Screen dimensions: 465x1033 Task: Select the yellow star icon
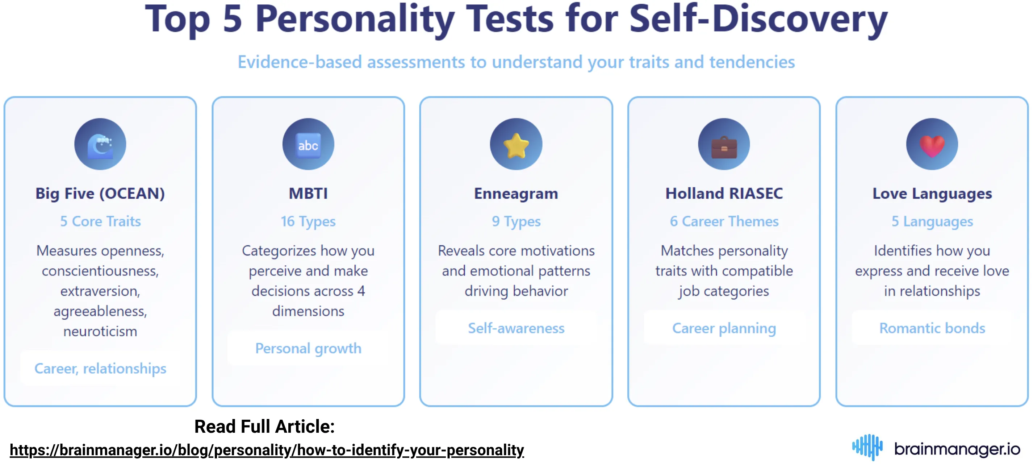pos(516,145)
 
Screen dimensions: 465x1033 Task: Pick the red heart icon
pos(932,145)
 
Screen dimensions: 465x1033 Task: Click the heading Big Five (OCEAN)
pos(100,194)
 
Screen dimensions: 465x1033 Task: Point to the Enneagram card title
pos(516,194)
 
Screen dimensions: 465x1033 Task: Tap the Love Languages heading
pos(932,194)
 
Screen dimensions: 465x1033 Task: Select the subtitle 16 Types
pos(308,221)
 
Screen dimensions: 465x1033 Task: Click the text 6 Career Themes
pos(724,221)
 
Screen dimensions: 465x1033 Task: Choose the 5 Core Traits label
pos(100,221)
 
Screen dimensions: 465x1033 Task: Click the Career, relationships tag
pos(100,368)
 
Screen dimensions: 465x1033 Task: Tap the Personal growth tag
pos(308,348)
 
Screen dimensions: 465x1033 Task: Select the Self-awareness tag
pos(516,328)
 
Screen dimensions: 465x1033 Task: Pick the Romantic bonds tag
pos(932,328)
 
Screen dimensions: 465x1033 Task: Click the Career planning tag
pos(724,328)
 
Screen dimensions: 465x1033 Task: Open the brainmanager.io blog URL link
pos(267,450)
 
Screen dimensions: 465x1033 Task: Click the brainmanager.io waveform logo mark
pos(867,447)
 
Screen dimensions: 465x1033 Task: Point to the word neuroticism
pos(100,331)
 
